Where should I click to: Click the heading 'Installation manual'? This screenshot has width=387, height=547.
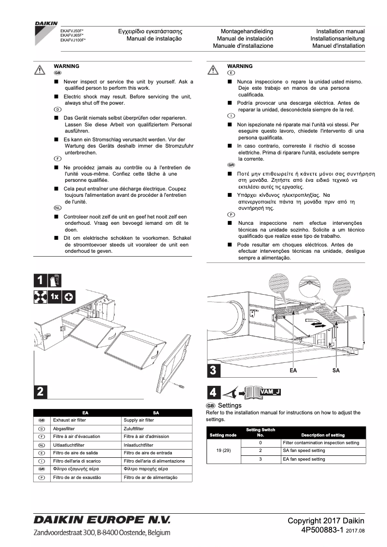coord(340,31)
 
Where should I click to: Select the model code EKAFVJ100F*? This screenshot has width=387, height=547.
coord(73,41)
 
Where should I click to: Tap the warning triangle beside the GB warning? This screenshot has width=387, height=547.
coord(40,69)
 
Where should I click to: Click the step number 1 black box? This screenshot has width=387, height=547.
coord(41,280)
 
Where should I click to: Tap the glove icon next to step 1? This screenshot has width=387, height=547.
coord(55,280)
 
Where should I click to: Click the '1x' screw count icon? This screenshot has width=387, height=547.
coord(55,297)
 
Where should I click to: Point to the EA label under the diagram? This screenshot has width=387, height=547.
coord(293,370)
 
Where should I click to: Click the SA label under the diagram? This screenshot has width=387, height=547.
coord(336,370)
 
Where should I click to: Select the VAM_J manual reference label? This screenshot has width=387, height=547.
coord(269,392)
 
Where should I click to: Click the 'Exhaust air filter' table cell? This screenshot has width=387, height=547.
coord(69,420)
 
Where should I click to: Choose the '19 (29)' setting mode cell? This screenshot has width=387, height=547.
coord(223,451)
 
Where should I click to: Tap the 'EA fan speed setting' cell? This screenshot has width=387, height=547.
coord(304,459)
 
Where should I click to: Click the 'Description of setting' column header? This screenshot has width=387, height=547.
coord(323,435)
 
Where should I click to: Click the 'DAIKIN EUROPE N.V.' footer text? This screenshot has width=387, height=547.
coord(102,520)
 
